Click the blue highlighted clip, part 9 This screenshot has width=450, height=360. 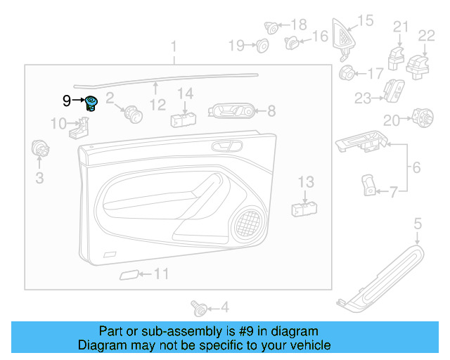[91, 103]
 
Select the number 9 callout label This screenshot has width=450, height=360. [66, 101]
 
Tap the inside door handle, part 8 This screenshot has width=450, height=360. [231, 110]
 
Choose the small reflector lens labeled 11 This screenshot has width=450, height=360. [128, 274]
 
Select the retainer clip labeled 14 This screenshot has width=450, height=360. [182, 117]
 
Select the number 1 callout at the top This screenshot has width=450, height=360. [174, 47]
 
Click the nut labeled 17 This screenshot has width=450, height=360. [347, 72]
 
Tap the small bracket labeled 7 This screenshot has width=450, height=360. [368, 186]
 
